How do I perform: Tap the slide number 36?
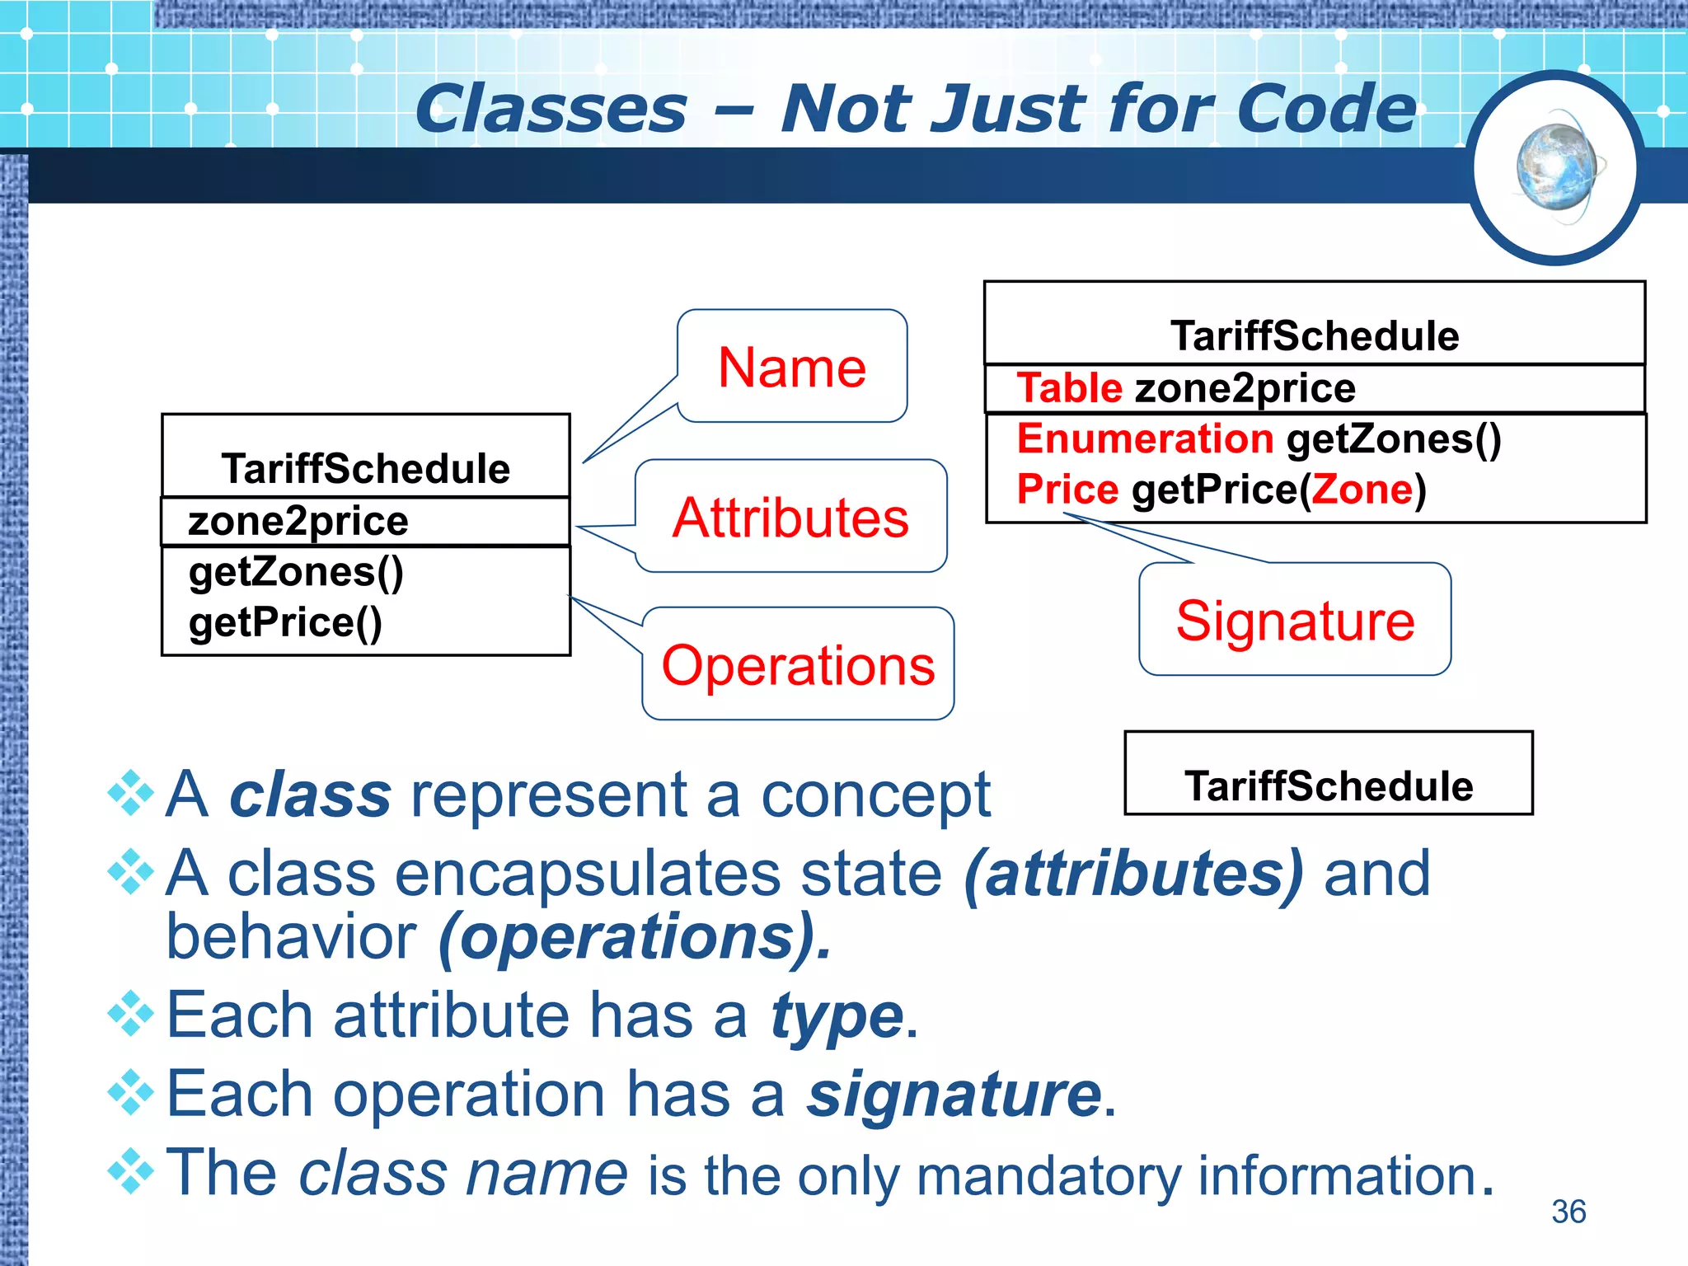coord(1568,1211)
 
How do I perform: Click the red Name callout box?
coord(792,367)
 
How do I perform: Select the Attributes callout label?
coord(790,518)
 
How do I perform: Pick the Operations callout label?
coord(798,665)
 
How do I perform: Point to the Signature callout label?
coord(1295,621)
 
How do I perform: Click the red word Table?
coord(1069,388)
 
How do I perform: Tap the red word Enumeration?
coord(1145,438)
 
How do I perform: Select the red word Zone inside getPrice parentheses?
coord(1362,490)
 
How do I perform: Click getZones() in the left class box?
coord(296,572)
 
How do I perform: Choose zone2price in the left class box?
coord(298,522)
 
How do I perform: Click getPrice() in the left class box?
coord(285,622)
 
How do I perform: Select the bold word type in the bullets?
coord(837,1016)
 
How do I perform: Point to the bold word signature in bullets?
coord(954,1095)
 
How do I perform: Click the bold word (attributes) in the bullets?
coord(1133,874)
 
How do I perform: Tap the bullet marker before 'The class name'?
coord(131,1171)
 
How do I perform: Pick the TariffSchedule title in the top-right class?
coord(1315,336)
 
